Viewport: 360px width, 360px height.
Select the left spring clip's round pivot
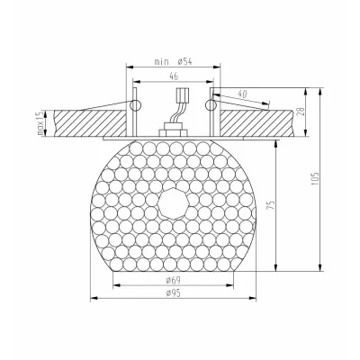(x=135, y=105)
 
